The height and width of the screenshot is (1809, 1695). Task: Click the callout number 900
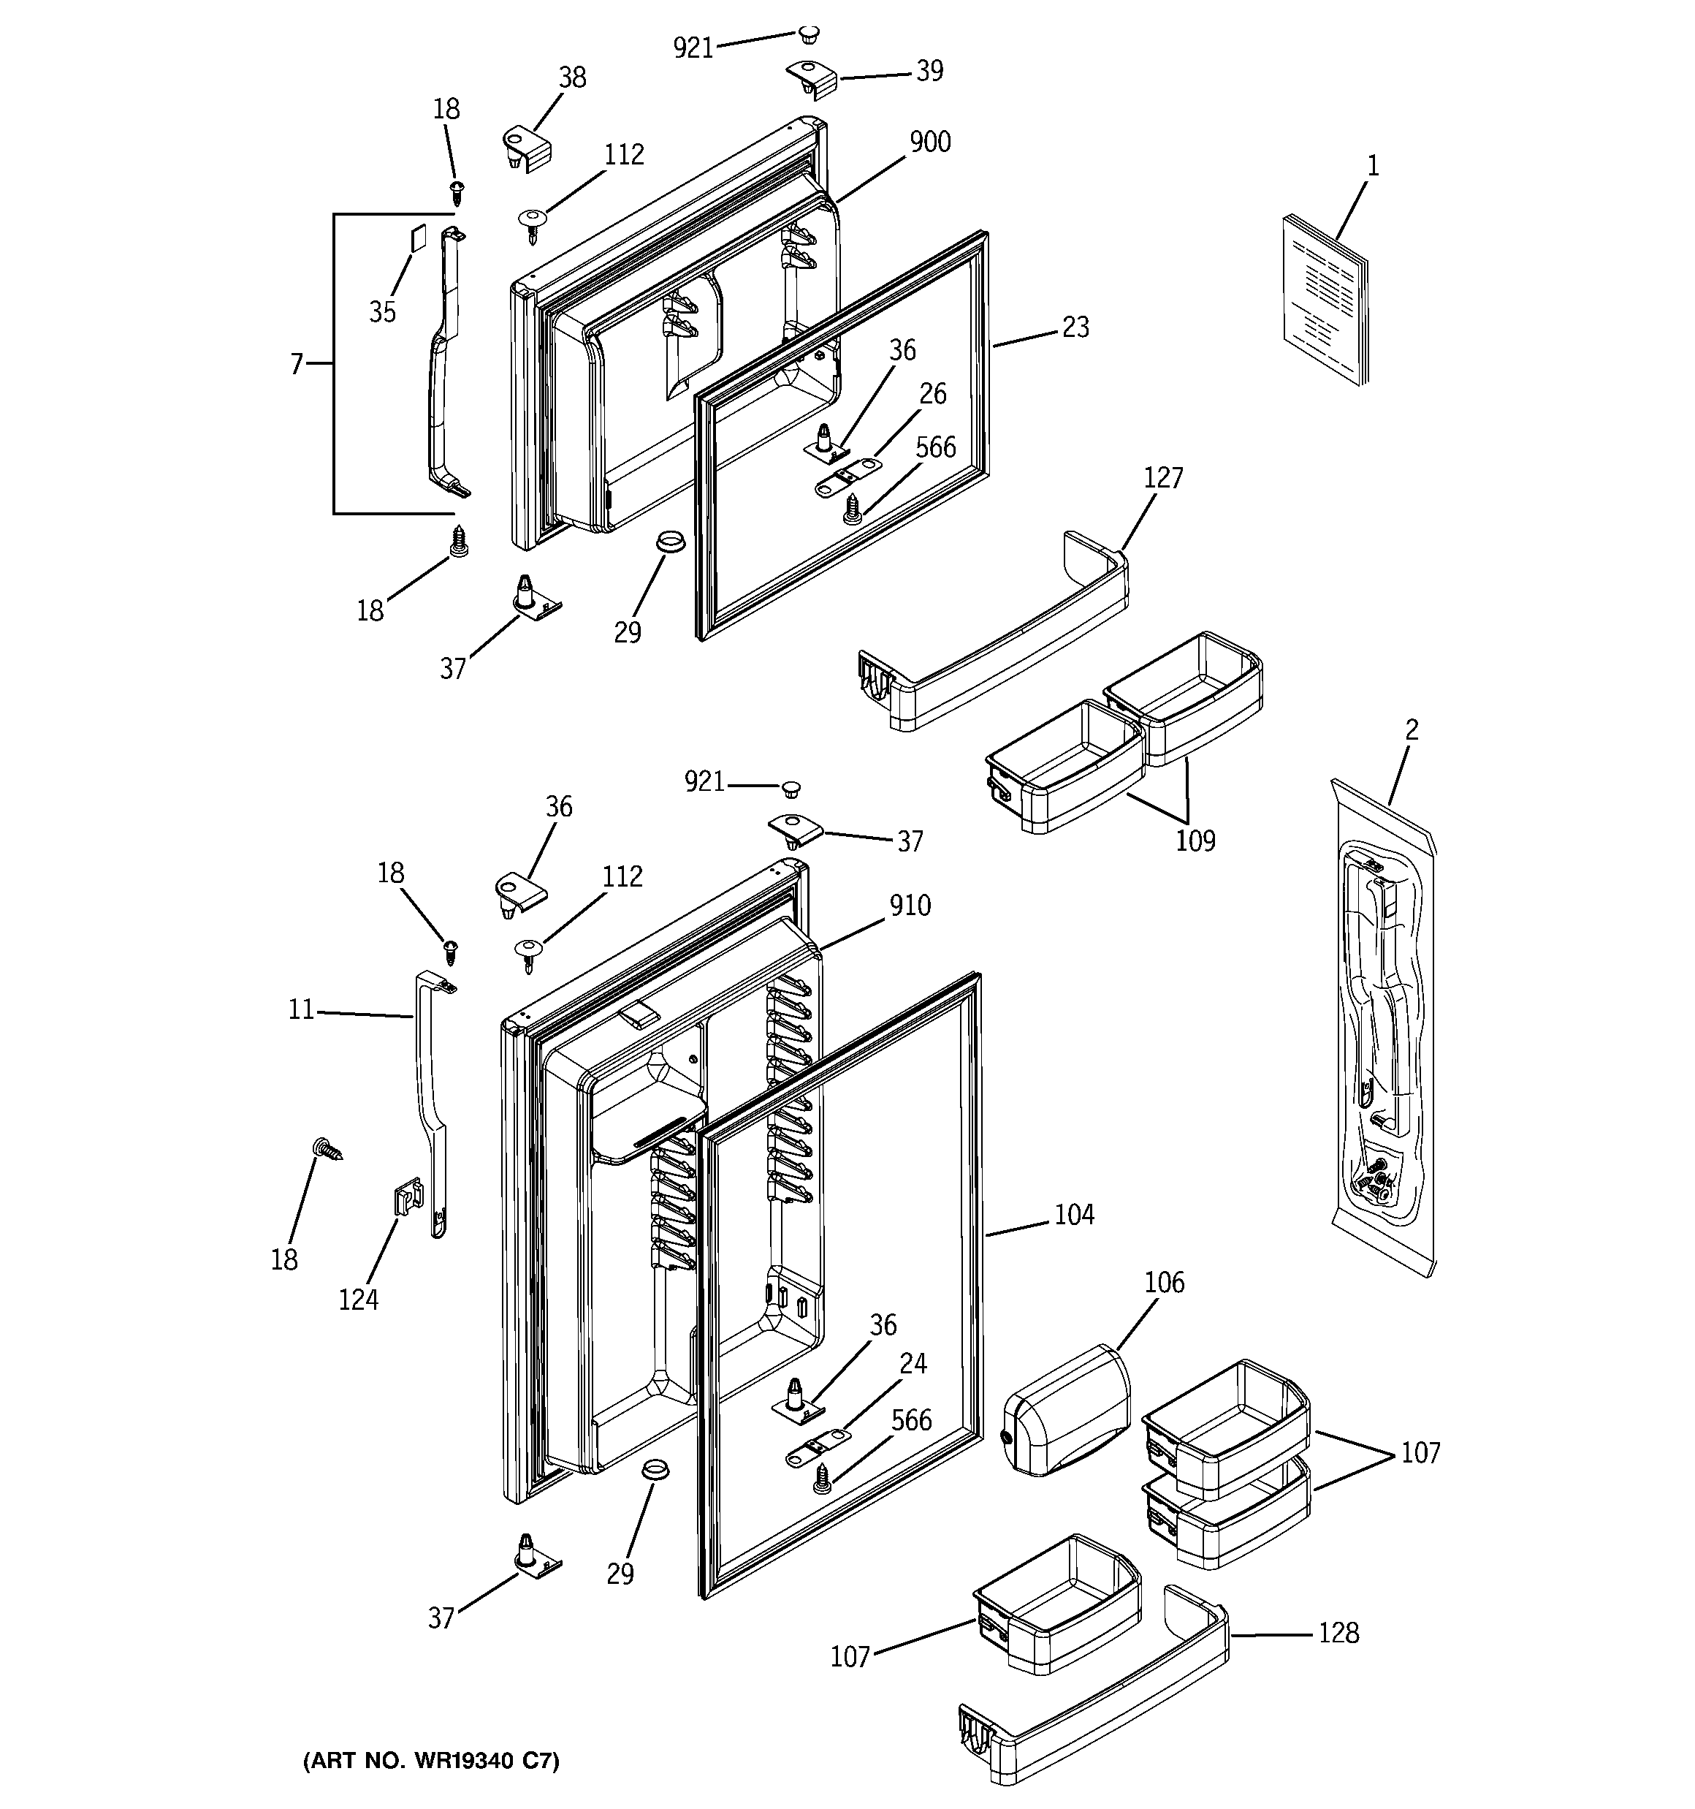930,143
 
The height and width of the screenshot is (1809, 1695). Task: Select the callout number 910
910,906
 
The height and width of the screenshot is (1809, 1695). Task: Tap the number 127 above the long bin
1162,478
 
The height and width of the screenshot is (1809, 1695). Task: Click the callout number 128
1338,1634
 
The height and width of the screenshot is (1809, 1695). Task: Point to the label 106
1165,1283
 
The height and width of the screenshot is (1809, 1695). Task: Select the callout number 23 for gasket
1075,327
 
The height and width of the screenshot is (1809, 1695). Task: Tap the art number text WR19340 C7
431,1761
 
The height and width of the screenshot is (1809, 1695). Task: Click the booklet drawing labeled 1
1325,300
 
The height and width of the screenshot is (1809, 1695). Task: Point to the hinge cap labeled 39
812,78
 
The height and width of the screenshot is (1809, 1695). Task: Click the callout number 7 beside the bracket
297,364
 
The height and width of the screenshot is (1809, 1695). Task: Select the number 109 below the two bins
1195,841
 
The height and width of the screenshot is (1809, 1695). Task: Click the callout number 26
932,395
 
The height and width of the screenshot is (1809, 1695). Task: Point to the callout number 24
913,1363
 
